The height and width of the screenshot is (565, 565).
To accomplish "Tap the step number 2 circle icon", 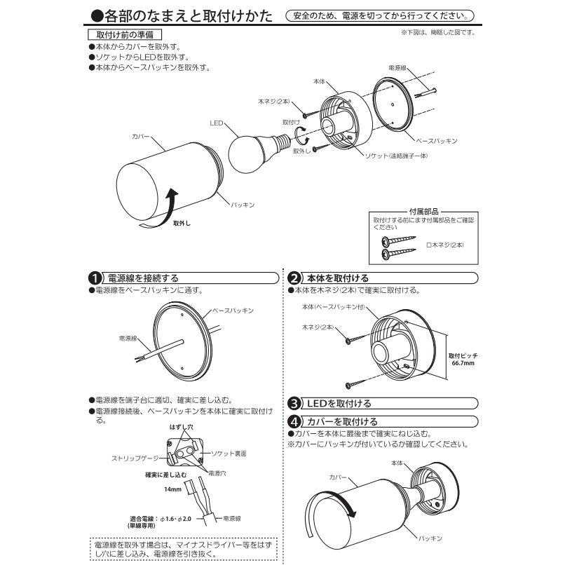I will (294, 278).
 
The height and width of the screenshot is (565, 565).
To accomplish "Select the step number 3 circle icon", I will (294, 404).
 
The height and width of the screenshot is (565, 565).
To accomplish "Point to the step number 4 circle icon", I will (294, 421).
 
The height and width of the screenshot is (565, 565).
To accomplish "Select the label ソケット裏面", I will (226, 454).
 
